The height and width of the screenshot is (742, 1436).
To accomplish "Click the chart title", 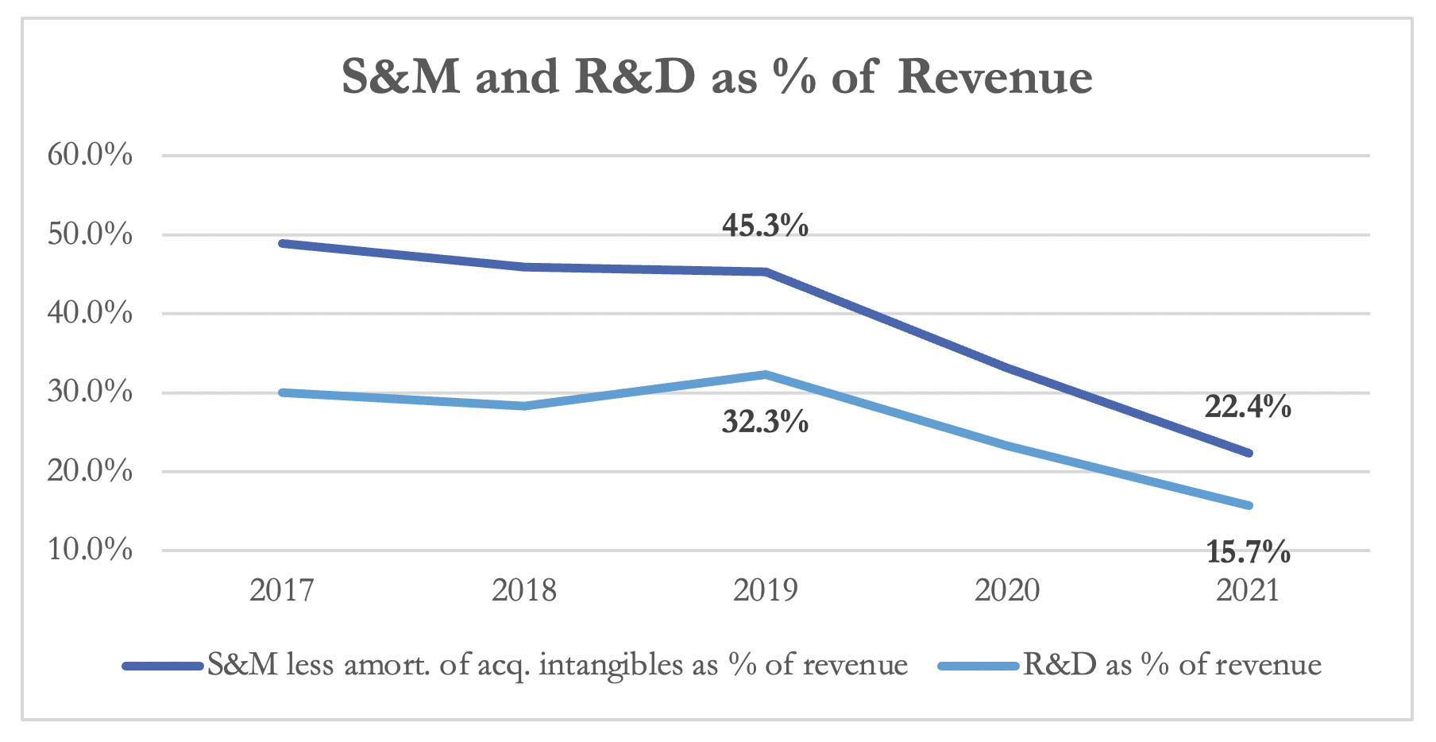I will (x=716, y=77).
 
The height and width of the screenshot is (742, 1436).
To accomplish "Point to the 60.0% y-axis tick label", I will (x=90, y=155).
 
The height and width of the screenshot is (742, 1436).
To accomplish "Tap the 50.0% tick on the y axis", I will (x=90, y=234).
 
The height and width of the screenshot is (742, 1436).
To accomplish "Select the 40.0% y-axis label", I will (x=90, y=313).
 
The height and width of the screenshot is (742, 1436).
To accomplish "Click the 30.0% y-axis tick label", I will (x=90, y=392).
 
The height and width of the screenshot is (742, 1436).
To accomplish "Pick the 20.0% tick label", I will (x=90, y=471).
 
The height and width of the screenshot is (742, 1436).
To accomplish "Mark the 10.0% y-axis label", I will (x=90, y=549).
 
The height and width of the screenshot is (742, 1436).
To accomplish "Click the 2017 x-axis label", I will (x=282, y=590).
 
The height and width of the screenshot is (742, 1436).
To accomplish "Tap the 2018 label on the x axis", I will (x=524, y=590).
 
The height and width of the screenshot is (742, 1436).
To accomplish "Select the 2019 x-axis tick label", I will (x=766, y=590).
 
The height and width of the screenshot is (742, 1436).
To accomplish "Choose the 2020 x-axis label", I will (x=1007, y=590).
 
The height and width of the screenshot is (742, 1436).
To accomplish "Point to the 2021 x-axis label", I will (x=1248, y=590).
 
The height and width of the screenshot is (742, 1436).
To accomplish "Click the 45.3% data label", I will (x=765, y=226).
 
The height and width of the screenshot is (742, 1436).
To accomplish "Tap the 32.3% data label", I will (x=765, y=422).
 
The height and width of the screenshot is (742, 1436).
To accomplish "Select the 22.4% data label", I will (x=1248, y=407).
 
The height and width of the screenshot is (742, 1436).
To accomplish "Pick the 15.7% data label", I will (x=1248, y=551).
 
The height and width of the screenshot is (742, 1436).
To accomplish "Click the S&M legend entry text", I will (x=558, y=665).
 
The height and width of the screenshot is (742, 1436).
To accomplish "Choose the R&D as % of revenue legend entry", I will (x=1172, y=665).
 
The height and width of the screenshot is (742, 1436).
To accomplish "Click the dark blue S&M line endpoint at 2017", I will (x=283, y=243).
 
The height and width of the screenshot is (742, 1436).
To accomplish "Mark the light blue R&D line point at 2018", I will (x=524, y=406).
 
